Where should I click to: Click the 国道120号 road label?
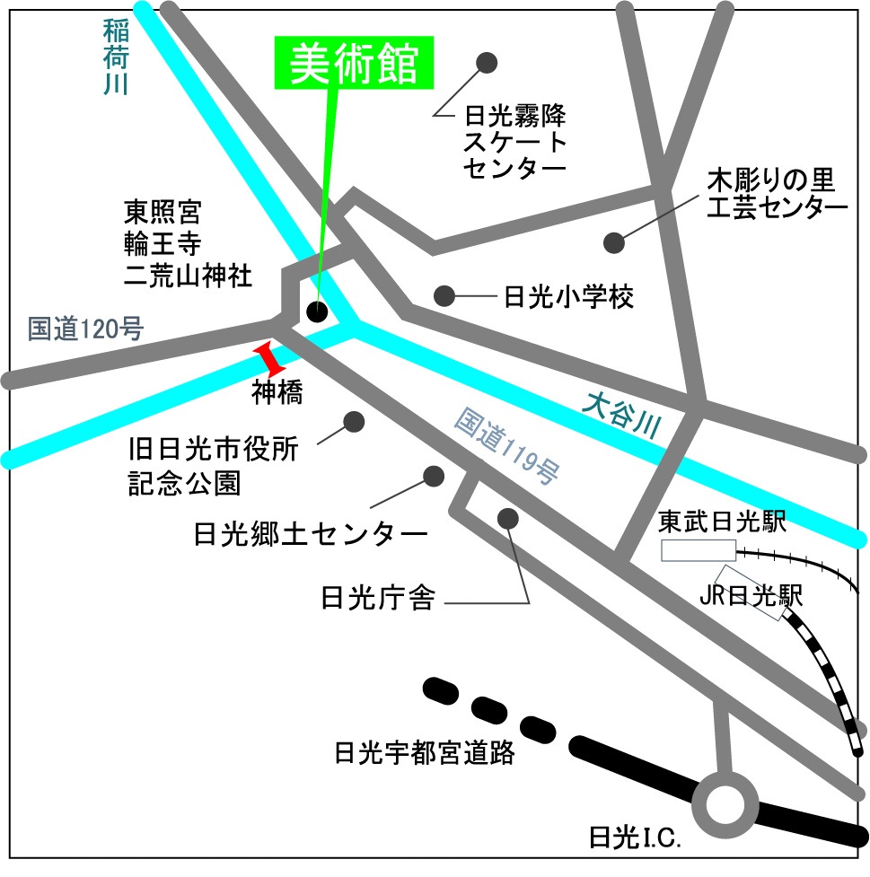[85, 329]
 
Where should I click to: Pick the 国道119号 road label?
[506, 445]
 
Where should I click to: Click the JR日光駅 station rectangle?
[751, 593]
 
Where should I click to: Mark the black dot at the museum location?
[317, 311]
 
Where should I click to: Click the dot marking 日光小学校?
[443, 295]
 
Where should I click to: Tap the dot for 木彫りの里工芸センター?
[614, 242]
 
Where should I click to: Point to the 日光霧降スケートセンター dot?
[487, 63]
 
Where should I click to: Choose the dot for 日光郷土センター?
[435, 475]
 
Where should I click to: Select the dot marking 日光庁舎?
[507, 518]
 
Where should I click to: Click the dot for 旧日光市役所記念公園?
[354, 421]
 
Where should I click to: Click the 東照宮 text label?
[163, 213]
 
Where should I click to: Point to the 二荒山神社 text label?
[189, 275]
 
